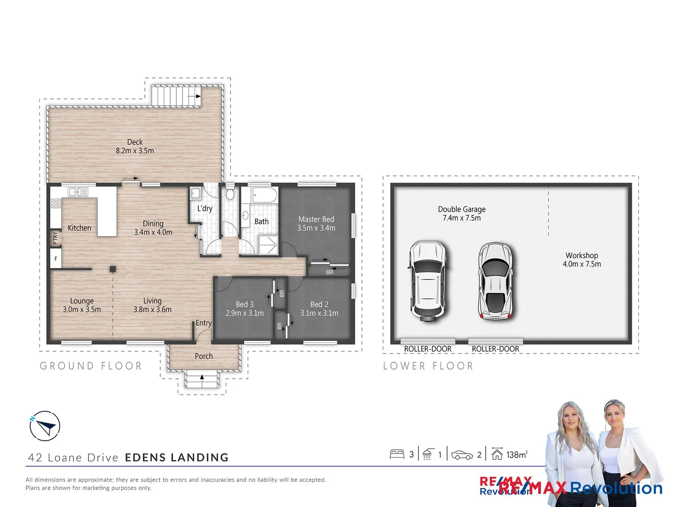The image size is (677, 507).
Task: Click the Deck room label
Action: coord(134,142)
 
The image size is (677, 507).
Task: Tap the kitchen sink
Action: coord(78,192)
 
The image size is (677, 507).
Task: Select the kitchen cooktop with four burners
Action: coord(56,203)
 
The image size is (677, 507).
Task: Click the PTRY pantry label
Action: coord(55,238)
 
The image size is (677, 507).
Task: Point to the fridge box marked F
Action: coord(56,259)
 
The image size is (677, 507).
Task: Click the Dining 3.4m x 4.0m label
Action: coord(153,228)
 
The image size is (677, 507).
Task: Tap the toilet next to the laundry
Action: coord(230,194)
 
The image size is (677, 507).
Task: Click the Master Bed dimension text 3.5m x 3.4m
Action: coord(316,228)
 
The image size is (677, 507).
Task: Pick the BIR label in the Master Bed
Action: coord(330,272)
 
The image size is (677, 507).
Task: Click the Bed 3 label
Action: coord(244,304)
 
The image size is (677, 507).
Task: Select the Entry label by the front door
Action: coord(204,323)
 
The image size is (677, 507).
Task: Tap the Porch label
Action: coord(204,356)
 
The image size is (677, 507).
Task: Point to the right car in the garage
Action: coord(496,281)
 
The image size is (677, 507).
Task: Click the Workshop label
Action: coord(582,255)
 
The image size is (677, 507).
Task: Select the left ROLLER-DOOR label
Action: coord(427,349)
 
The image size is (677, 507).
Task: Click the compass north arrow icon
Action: coord(45,426)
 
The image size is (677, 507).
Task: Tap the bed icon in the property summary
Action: coord(397,454)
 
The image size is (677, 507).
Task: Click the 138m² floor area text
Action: coord(517,454)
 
